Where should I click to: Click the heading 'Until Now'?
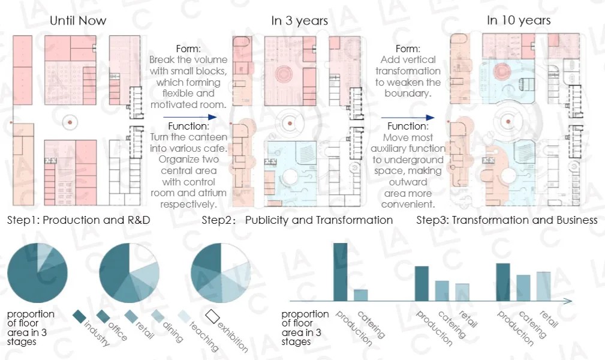[78, 20]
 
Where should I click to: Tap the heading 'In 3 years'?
[300, 20]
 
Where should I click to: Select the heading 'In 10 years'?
[519, 20]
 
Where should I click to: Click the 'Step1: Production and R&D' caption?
[79, 220]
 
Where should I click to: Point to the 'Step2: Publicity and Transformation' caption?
[297, 220]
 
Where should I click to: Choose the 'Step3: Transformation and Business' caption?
[507, 220]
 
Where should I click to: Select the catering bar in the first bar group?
[361, 295]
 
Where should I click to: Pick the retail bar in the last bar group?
[543, 286]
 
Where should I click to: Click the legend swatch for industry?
[80, 316]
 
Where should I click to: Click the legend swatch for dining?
[158, 316]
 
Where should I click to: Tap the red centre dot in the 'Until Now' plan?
[70, 122]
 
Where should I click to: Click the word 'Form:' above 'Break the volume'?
[188, 49]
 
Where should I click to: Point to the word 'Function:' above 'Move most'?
[408, 127]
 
